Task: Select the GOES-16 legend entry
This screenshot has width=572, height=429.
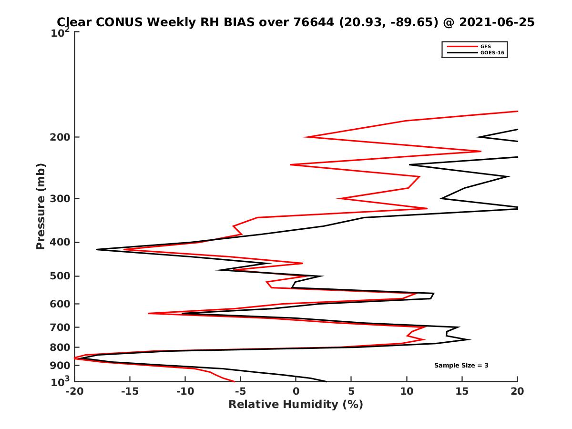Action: (x=490, y=53)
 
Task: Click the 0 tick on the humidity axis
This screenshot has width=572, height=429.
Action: (x=296, y=391)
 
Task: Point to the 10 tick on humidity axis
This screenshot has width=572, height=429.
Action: (x=407, y=391)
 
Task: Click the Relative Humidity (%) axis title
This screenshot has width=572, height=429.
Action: (x=296, y=405)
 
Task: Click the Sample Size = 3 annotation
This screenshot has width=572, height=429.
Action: (x=461, y=366)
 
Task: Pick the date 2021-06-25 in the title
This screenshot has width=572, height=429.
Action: (x=496, y=22)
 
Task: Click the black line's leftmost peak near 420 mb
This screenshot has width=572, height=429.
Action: (x=97, y=249)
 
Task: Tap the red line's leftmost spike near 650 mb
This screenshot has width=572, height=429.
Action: (x=149, y=313)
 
